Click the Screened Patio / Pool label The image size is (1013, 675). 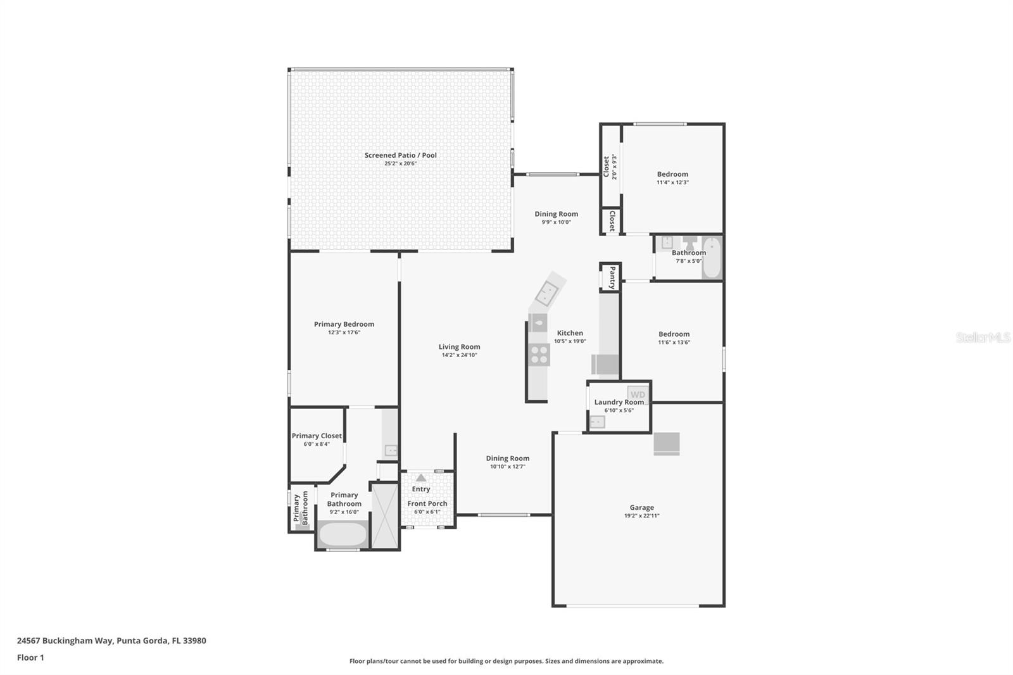pyautogui.click(x=400, y=155)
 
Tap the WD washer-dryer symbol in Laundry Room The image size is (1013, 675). pyautogui.click(x=638, y=394)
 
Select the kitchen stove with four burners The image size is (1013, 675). pyautogui.click(x=539, y=355)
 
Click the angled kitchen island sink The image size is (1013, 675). pyautogui.click(x=546, y=292)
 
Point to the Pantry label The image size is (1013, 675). pyautogui.click(x=612, y=277)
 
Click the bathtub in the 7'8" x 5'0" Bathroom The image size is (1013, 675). pyautogui.click(x=712, y=257)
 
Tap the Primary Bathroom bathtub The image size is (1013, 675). pyautogui.click(x=343, y=534)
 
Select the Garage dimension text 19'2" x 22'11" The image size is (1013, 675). pyautogui.click(x=641, y=516)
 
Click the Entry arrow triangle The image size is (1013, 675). pyautogui.click(x=421, y=477)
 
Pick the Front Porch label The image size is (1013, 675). pyautogui.click(x=427, y=503)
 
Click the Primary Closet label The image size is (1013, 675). pyautogui.click(x=317, y=436)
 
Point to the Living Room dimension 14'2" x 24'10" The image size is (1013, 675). pyautogui.click(x=459, y=355)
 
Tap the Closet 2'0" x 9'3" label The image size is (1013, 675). pyautogui.click(x=607, y=167)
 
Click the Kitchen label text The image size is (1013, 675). pyautogui.click(x=570, y=333)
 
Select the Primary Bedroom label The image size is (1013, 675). pyautogui.click(x=344, y=324)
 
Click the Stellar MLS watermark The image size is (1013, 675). pyautogui.click(x=983, y=337)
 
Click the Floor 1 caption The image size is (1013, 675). pyautogui.click(x=30, y=657)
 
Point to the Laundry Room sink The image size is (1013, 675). pyautogui.click(x=597, y=422)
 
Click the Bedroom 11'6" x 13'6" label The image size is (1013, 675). pyautogui.click(x=674, y=334)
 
